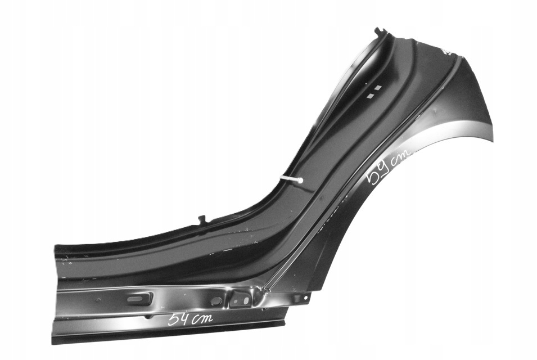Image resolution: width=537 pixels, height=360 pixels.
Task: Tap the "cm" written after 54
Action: pyautogui.click(x=202, y=319)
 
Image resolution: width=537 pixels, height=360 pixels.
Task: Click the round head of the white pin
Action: pyautogui.click(x=300, y=180)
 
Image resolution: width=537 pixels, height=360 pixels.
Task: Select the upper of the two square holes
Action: pyautogui.click(x=377, y=88)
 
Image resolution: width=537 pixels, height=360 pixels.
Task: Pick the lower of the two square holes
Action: pyautogui.click(x=369, y=96)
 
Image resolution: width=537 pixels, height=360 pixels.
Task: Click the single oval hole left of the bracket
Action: pyautogui.click(x=216, y=301)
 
